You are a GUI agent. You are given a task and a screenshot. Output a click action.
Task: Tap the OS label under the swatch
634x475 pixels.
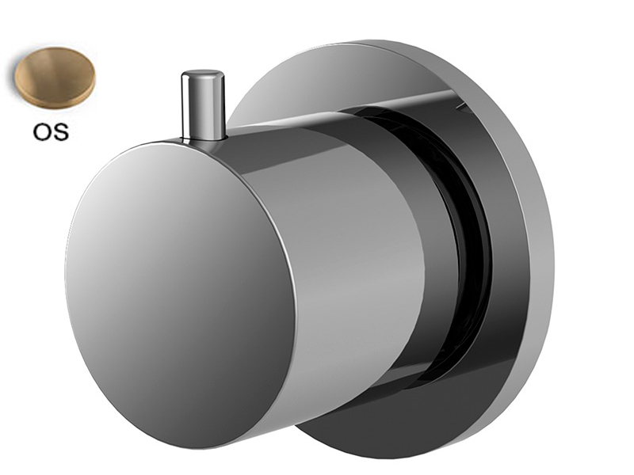51,131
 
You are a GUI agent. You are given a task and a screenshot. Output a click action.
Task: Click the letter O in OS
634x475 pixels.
42,131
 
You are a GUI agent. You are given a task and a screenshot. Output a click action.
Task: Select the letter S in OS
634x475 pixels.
61,131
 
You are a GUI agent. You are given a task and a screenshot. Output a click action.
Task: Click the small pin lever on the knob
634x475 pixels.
203,106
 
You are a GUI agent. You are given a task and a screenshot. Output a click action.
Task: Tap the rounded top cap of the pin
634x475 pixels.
203,76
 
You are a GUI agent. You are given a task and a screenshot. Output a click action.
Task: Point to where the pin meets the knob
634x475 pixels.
203,139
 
